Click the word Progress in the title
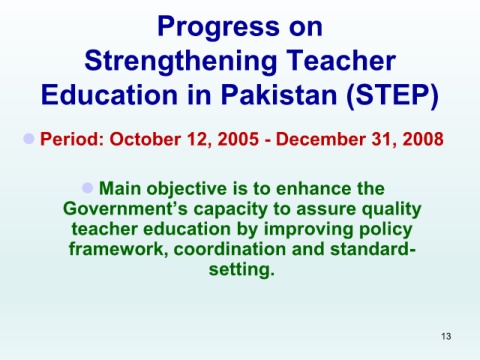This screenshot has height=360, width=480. point(218,28)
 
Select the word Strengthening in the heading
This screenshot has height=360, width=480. point(181,61)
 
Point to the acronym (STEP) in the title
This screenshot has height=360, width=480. point(392,95)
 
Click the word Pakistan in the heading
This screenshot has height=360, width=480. point(279,94)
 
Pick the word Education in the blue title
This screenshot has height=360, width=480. point(109,94)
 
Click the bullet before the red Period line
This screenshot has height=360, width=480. point(29,138)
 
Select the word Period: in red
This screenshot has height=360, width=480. point(72,139)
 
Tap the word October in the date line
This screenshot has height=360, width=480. point(145,139)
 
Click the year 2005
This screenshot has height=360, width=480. point(238,139)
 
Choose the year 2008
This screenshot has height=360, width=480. point(423,139)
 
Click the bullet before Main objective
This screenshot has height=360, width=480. point(87,188)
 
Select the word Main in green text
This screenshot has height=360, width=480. point(120,188)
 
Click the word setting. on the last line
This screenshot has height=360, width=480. point(242,269)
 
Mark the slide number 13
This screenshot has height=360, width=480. point(446,336)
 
